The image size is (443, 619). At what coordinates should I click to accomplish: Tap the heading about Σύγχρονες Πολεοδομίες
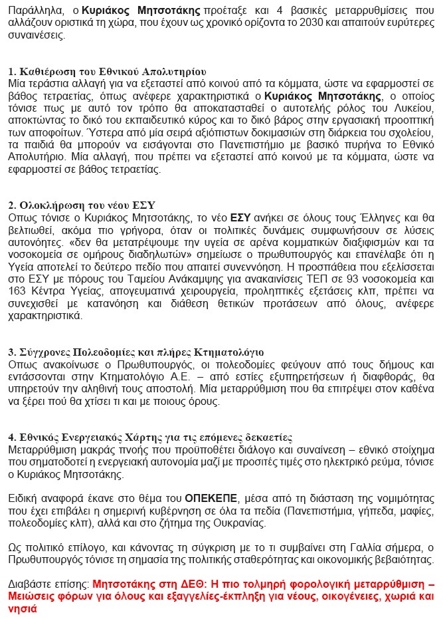[136, 352]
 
